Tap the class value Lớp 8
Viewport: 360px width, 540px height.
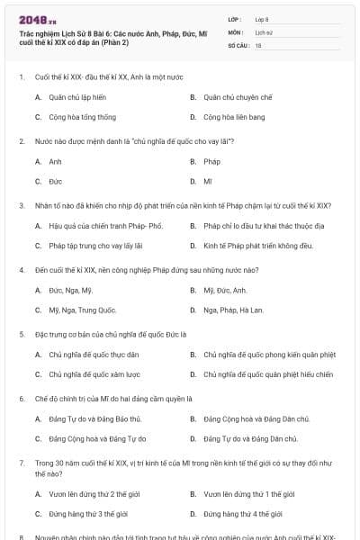click(x=262, y=18)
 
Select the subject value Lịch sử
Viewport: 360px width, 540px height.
click(x=264, y=31)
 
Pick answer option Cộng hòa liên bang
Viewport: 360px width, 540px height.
click(x=233, y=117)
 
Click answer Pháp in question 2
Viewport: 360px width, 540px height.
click(x=211, y=162)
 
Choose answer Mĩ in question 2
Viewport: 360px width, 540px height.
click(x=208, y=181)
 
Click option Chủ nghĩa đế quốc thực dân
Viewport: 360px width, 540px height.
click(x=94, y=355)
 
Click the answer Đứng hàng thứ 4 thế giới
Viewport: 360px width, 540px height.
click(x=242, y=513)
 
